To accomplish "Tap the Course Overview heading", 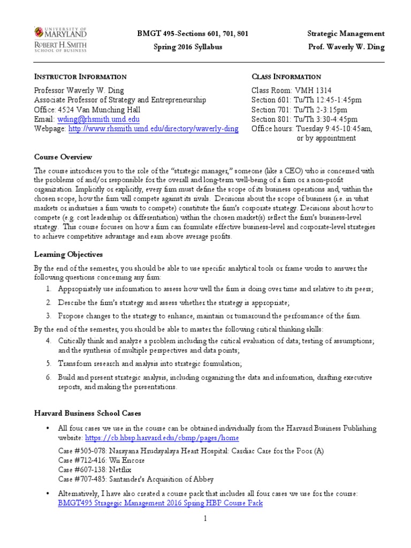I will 63,157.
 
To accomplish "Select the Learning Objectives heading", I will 68,254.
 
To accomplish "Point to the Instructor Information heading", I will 80,77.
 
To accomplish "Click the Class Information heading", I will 286,77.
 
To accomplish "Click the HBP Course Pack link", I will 160,504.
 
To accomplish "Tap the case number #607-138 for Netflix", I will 88,469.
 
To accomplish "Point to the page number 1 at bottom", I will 205,519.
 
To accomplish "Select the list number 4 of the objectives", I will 48,341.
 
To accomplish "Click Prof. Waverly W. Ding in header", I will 346,47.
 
